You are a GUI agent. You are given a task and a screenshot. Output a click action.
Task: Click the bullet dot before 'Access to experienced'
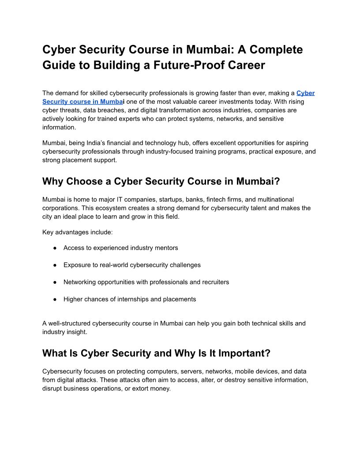[55, 248]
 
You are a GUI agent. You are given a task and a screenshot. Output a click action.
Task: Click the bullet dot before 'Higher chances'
[55, 299]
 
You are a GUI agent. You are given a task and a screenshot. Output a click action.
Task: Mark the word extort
[142, 388]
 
